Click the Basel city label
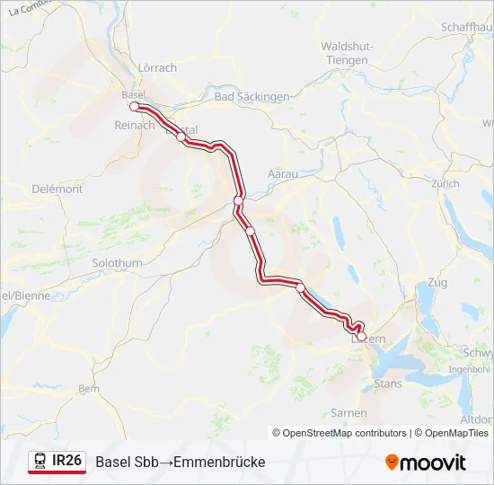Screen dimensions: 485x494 click(132, 94)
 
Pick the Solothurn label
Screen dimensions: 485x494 click(117, 263)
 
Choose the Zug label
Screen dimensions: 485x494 click(438, 282)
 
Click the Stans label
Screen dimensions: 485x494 click(387, 384)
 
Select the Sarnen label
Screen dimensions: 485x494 click(348, 413)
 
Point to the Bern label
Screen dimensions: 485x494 click(89, 389)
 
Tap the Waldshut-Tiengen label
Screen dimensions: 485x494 click(344, 53)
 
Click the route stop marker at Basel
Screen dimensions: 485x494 click(135, 106)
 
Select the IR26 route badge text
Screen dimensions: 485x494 click(67, 461)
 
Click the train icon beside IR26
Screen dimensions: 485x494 click(40, 461)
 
